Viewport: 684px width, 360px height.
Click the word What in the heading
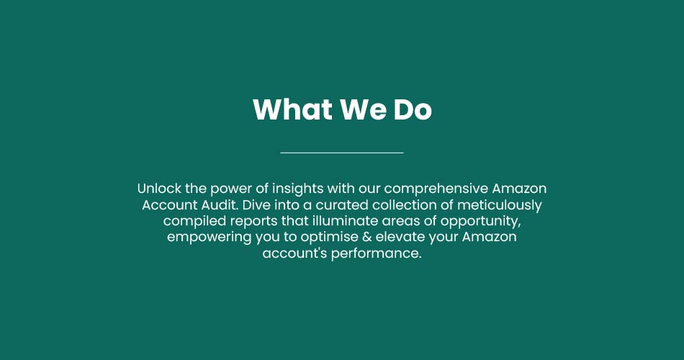[x=292, y=109]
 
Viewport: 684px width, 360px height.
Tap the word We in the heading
[x=363, y=109]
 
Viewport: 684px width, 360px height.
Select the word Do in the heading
[x=413, y=109]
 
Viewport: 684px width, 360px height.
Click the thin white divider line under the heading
[x=342, y=153]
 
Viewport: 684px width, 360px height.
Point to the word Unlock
[x=159, y=189]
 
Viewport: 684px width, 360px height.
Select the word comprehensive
[x=436, y=189]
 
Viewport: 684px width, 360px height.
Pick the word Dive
[x=256, y=205]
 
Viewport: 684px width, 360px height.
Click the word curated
[x=342, y=205]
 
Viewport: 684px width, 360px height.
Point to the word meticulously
[x=500, y=205]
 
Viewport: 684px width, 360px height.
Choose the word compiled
[x=195, y=221]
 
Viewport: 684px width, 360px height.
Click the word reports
[x=254, y=222]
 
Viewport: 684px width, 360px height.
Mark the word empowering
[x=210, y=238]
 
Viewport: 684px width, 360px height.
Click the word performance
[x=377, y=253]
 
